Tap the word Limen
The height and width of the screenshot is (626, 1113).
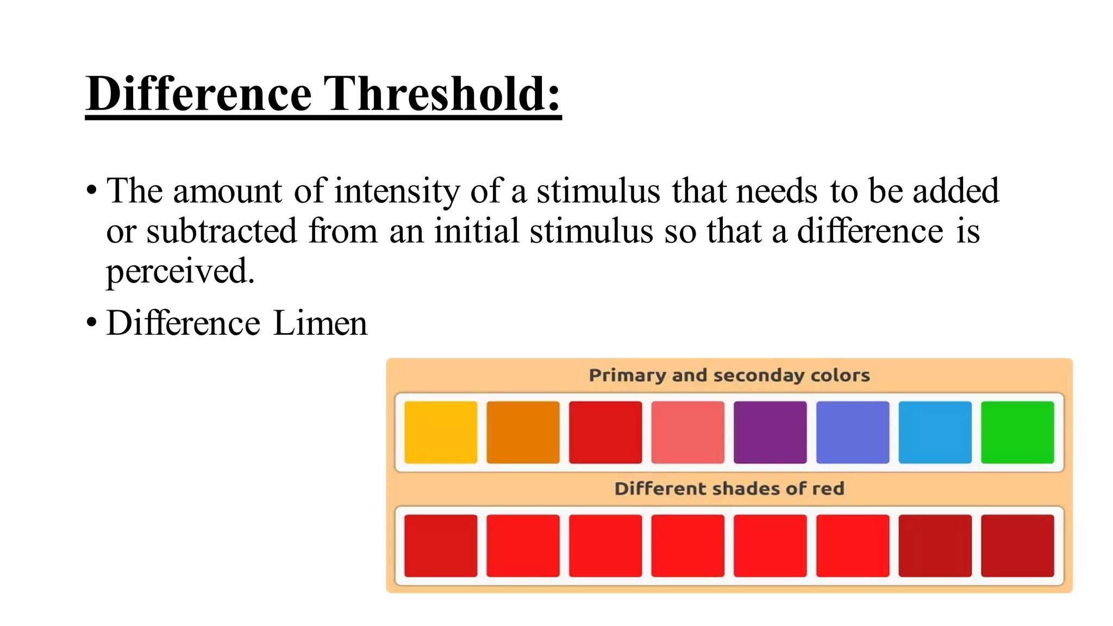click(320, 323)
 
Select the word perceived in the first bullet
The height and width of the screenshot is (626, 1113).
click(179, 271)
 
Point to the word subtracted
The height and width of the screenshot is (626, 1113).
click(222, 231)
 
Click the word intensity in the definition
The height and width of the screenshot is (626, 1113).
click(397, 191)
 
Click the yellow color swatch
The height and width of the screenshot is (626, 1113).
click(441, 433)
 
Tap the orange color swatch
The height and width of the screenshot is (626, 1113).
click(523, 433)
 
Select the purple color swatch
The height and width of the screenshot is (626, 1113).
click(770, 433)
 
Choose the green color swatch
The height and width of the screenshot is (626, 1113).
click(1017, 433)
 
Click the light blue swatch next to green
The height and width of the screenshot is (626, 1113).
click(935, 433)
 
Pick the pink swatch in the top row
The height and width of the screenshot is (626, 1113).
click(687, 433)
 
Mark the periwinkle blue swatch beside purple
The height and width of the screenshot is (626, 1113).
click(853, 433)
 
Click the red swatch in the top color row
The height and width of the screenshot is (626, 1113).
click(605, 433)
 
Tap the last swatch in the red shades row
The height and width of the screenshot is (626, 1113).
click(1017, 546)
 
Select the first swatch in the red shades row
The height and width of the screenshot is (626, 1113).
click(441, 546)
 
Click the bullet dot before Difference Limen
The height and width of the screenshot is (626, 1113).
click(91, 323)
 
